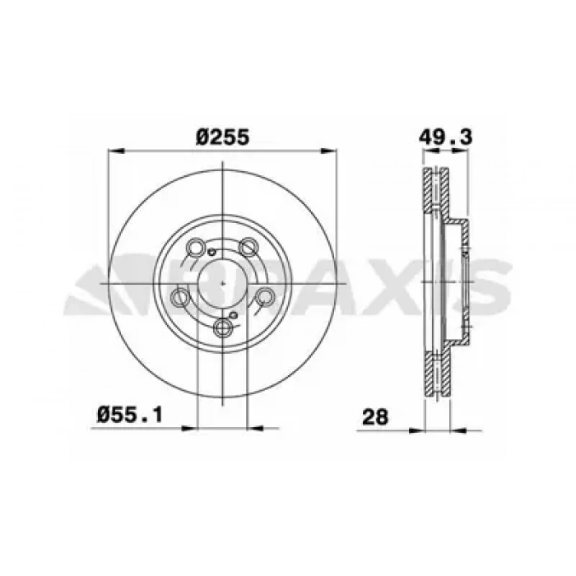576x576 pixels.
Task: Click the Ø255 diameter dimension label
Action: click(222, 137)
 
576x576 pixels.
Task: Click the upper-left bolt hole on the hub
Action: click(197, 249)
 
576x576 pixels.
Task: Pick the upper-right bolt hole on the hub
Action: click(248, 247)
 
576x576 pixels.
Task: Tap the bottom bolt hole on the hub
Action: click(224, 328)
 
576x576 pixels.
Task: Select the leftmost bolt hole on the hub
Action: click(182, 297)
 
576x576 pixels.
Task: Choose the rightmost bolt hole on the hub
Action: click(265, 296)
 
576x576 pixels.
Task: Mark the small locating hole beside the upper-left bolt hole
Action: click(211, 252)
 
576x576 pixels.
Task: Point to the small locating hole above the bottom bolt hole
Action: click(235, 315)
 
